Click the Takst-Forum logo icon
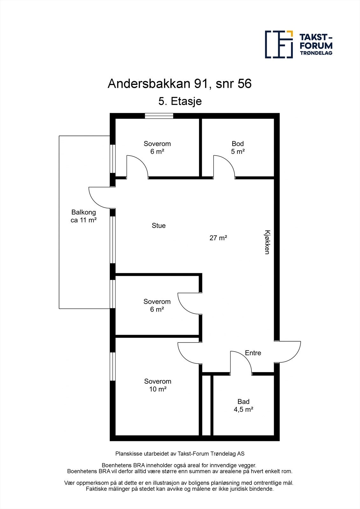279,45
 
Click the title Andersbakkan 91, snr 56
180,84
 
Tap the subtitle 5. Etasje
180,101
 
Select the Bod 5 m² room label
238,148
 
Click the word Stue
159,226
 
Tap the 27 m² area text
218,238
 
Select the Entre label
253,353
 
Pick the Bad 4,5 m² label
244,406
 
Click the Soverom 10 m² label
158,385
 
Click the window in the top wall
159,116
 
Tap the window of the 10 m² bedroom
113,366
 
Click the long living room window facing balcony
113,240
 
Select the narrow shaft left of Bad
206,405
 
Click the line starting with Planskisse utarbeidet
180,454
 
